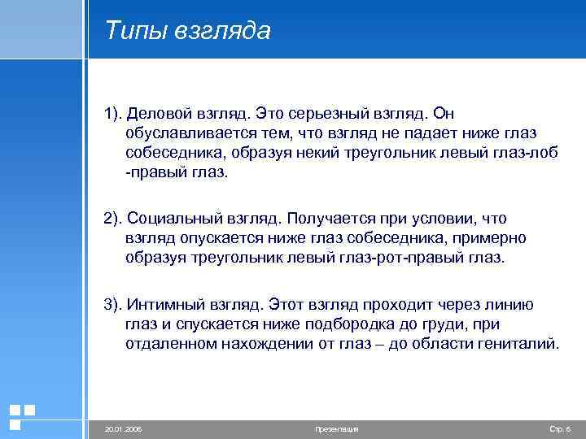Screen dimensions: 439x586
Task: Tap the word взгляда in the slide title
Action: tap(221, 31)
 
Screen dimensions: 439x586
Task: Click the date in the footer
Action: tap(123, 428)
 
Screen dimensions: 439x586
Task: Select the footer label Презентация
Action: tap(336, 428)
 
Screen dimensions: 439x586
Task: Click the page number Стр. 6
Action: tap(560, 428)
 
